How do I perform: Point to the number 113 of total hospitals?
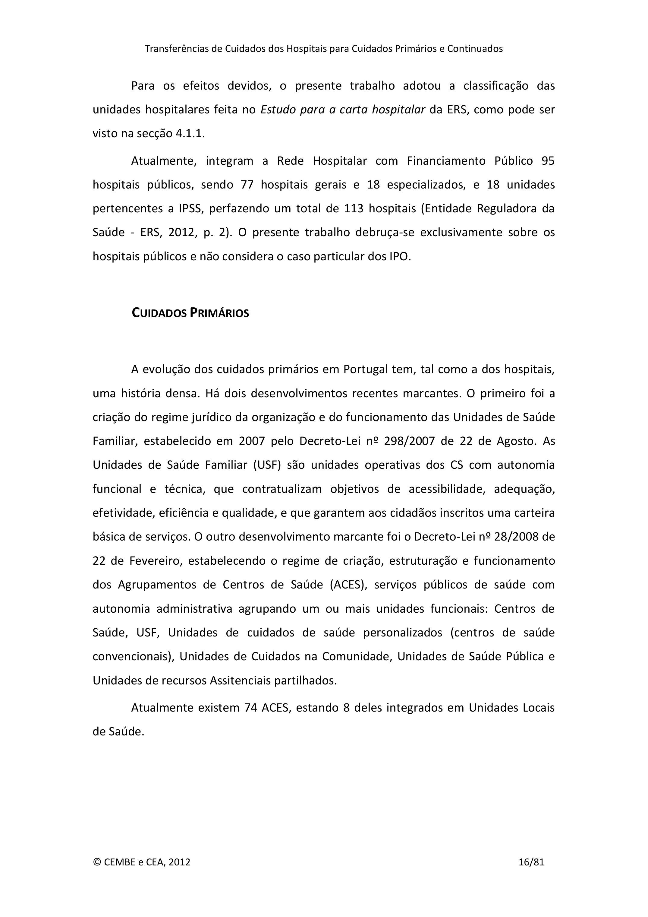click(354, 208)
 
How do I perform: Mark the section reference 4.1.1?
click(190, 133)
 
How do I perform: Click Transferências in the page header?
click(176, 49)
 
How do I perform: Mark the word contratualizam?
click(282, 489)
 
